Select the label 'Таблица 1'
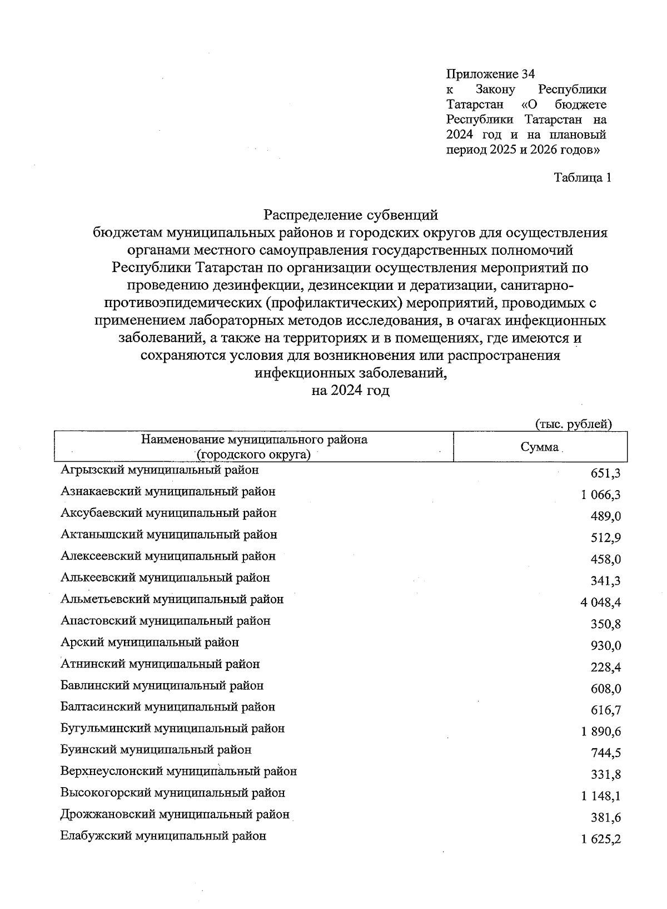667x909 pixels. pyautogui.click(x=582, y=178)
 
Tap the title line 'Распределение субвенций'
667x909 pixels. pyautogui.click(x=351, y=215)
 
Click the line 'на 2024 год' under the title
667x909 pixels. pyautogui.click(x=351, y=391)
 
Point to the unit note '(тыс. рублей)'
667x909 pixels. pyautogui.click(x=573, y=424)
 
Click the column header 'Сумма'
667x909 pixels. pyautogui.click(x=539, y=447)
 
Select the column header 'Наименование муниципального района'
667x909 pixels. pyautogui.click(x=254, y=439)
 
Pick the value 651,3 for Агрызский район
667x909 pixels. pyautogui.click(x=606, y=473)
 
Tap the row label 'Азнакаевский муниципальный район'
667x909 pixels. pyautogui.click(x=168, y=492)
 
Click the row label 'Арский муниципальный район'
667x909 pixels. pyautogui.click(x=150, y=643)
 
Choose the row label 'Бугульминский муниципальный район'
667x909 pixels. pyautogui.click(x=172, y=728)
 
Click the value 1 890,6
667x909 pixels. pyautogui.click(x=601, y=732)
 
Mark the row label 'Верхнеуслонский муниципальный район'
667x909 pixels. pyautogui.click(x=178, y=772)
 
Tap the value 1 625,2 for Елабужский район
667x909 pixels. pyautogui.click(x=601, y=839)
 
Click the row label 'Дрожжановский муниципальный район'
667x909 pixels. pyautogui.click(x=175, y=814)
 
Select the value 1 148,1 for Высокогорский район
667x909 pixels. pyautogui.click(x=601, y=796)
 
